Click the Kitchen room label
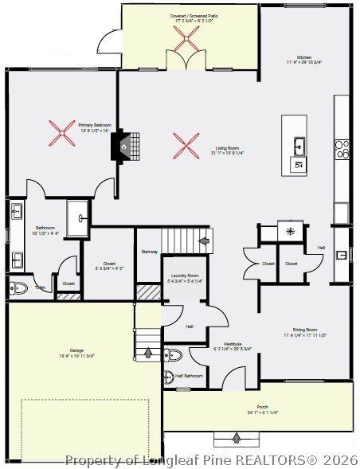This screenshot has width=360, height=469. click(304, 58)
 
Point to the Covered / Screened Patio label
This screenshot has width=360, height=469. click(190, 15)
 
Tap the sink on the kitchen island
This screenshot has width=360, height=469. click(299, 147)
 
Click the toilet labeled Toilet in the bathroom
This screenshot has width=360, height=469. click(18, 287)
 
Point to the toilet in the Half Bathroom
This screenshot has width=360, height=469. click(174, 354)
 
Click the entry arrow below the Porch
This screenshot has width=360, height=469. click(237, 436)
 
